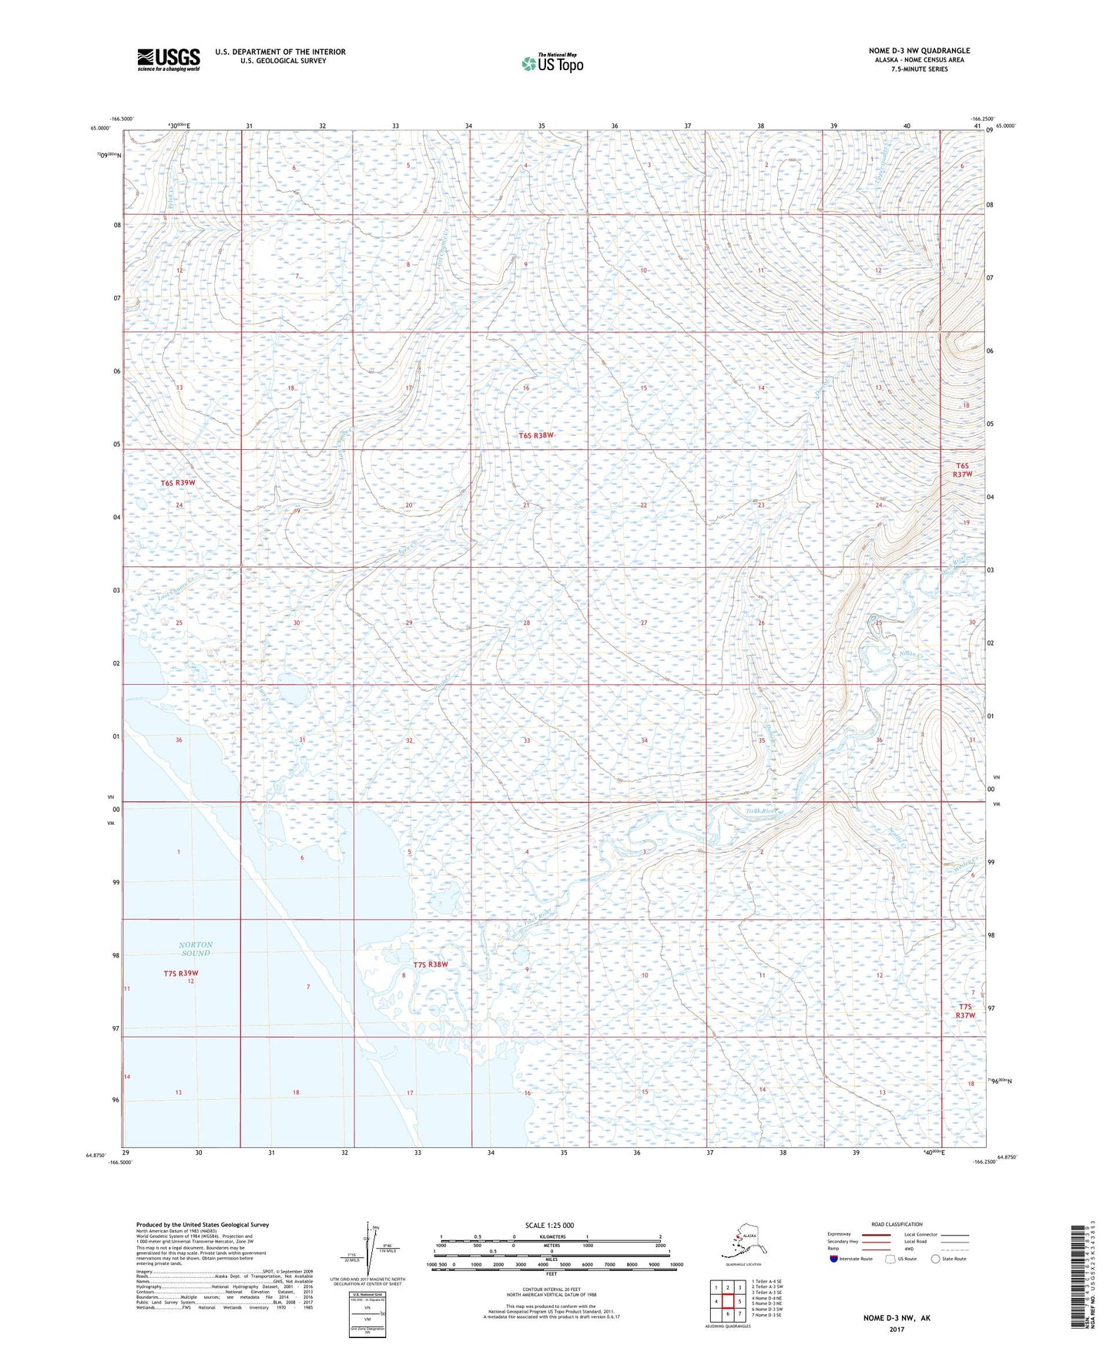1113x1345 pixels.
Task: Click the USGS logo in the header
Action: tap(168, 59)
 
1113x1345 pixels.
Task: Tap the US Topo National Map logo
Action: tap(551, 62)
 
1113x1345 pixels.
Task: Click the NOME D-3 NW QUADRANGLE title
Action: tap(919, 51)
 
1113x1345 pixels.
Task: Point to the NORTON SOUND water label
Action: tap(196, 948)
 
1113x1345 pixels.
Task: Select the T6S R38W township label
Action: tap(536, 435)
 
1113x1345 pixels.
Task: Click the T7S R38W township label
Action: tap(430, 964)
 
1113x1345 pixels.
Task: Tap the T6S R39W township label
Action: tap(178, 483)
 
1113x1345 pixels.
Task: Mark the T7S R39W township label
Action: tap(181, 973)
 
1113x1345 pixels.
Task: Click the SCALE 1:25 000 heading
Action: tap(550, 1225)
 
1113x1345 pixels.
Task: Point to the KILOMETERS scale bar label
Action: tap(550, 1236)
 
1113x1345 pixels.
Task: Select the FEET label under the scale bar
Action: tap(551, 1273)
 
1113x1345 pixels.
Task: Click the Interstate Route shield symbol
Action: tap(833, 1259)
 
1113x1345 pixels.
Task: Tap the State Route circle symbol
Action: tap(935, 1259)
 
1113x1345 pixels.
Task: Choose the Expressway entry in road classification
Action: tap(839, 1234)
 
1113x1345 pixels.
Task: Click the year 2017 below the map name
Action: tap(896, 1329)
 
